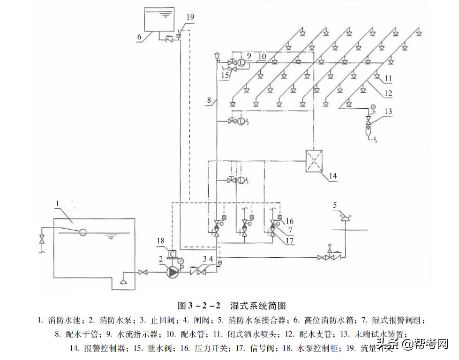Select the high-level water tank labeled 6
click(158, 20)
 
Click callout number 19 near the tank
click(189, 17)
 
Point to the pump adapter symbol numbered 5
click(345, 217)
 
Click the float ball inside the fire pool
click(83, 232)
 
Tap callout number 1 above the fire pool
click(57, 203)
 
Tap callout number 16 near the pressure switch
click(289, 221)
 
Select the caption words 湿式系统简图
click(258, 306)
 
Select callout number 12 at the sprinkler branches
click(387, 93)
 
